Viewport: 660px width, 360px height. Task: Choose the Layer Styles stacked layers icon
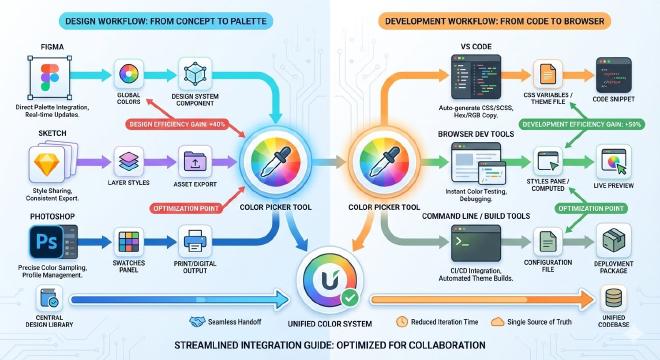132,161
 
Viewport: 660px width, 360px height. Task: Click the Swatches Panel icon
130,241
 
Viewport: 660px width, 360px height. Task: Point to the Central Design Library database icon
45,297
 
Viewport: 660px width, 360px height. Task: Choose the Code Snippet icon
612,73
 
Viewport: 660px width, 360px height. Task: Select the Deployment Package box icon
612,241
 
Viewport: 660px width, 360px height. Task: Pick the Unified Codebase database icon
614,297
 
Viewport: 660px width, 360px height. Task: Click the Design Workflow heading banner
164,20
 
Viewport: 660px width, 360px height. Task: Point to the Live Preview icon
612,161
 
